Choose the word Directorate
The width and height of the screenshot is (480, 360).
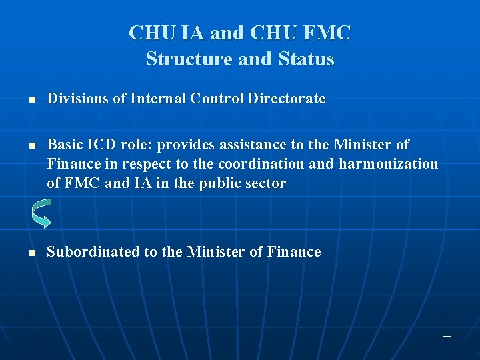tap(287, 99)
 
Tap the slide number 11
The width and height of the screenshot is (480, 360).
tap(446, 334)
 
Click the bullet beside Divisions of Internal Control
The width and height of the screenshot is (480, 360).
tap(31, 100)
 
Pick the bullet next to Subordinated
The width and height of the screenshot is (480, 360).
tap(31, 253)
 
